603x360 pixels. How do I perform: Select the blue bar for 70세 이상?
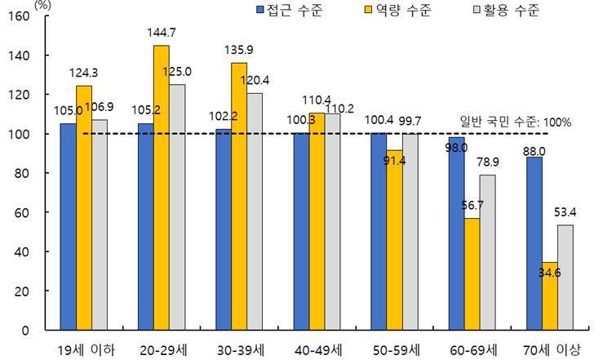[x=534, y=243]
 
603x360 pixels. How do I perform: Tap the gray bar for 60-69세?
[x=488, y=252]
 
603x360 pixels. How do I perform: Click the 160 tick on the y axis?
[x=18, y=16]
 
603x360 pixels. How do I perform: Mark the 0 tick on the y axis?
[x=25, y=330]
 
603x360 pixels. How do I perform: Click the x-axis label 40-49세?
[x=317, y=349]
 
